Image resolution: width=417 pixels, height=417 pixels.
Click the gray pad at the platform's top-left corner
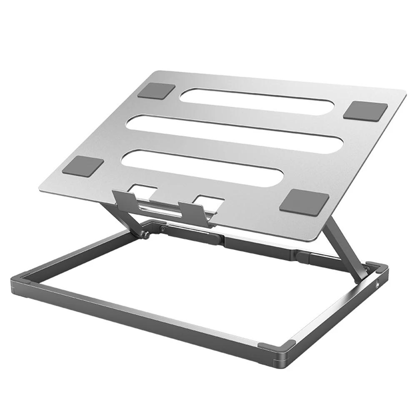pyautogui.click(x=156, y=91)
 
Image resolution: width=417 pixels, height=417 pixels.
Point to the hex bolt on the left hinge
pyautogui.click(x=146, y=235)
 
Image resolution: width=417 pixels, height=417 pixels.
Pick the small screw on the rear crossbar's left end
pyautogui.click(x=162, y=228)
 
